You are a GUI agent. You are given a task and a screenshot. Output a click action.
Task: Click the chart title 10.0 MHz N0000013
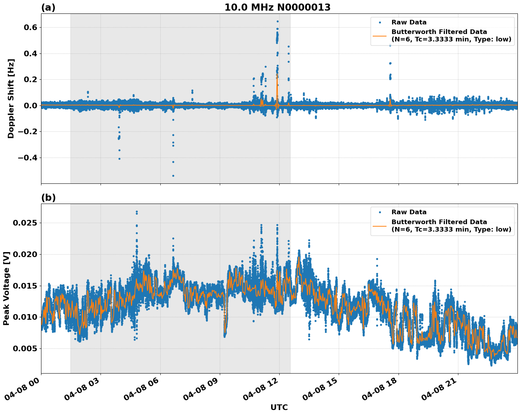tap(277, 7)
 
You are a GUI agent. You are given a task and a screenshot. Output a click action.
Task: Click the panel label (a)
tap(48, 7)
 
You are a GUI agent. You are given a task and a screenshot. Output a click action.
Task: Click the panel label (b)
tap(48, 198)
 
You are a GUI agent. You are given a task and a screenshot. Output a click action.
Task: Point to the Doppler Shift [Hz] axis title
tap(11, 98)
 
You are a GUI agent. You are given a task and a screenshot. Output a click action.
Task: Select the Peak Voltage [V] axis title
tap(6, 288)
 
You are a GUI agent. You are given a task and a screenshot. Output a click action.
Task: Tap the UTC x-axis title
tap(279, 407)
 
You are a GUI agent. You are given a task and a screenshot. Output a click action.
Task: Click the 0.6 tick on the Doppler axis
tap(29, 28)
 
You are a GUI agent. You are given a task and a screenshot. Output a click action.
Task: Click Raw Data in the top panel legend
tap(409, 22)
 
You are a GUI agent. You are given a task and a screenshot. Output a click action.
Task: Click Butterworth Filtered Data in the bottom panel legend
tap(439, 222)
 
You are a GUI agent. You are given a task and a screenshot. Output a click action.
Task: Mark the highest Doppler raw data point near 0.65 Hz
tap(277, 21)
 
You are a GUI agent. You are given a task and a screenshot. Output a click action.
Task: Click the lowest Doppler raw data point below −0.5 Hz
tap(173, 176)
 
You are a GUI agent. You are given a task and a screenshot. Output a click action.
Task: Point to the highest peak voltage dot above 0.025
tap(137, 212)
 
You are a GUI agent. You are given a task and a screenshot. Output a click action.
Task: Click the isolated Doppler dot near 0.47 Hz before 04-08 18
tap(390, 45)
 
